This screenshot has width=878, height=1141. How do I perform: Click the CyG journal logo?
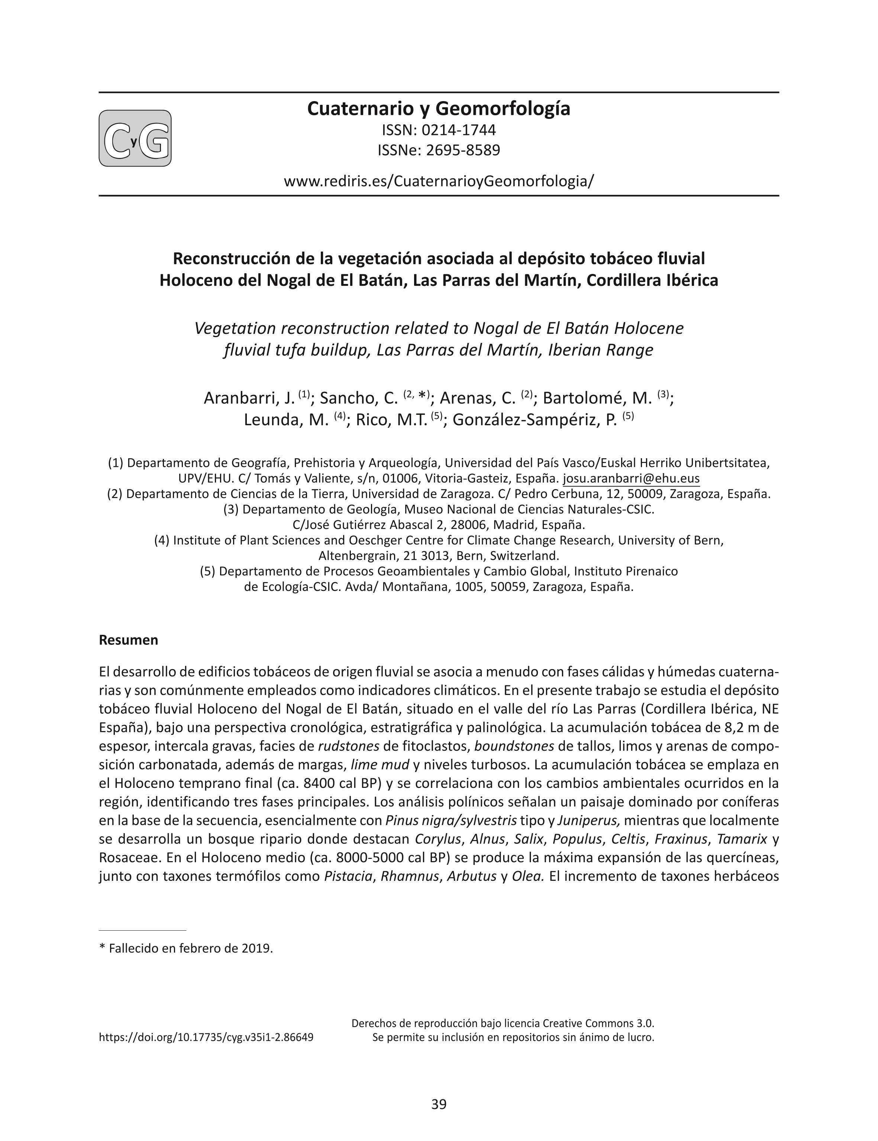[135, 139]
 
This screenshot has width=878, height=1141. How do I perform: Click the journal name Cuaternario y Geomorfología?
[439, 108]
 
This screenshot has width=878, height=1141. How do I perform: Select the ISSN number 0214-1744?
[458, 130]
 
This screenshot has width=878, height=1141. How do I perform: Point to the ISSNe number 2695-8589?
[463, 151]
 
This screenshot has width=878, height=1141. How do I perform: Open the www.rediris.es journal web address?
[439, 181]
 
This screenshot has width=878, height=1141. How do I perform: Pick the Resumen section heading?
[129, 640]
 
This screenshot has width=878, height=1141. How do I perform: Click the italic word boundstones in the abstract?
[514, 746]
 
